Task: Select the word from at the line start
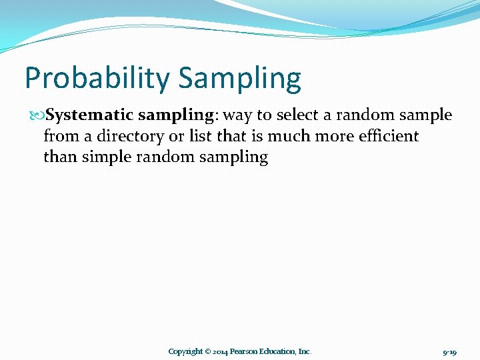tap(57, 137)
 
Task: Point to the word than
tap(60, 158)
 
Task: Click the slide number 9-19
tap(449, 351)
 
